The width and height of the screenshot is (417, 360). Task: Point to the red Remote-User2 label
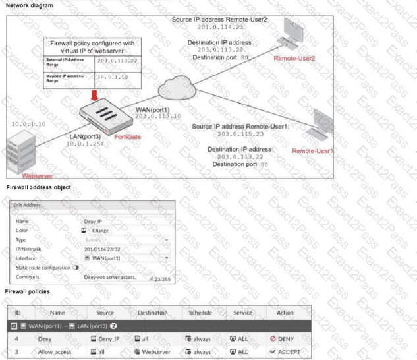coord(294,59)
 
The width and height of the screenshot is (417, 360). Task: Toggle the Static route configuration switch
coord(76,268)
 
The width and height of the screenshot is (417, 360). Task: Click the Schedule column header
coord(200,313)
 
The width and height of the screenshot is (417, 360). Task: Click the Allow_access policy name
coord(57,352)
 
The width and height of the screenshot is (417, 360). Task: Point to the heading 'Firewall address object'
coord(38,188)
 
